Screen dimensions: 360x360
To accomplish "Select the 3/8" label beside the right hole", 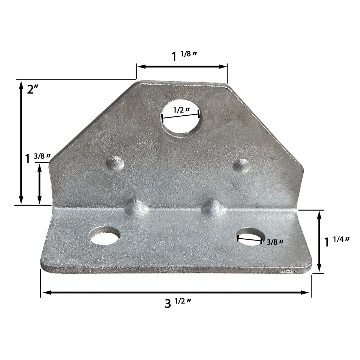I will (275, 242).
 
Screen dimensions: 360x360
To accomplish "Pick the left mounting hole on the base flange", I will (104, 236).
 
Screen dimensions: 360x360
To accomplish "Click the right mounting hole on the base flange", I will (250, 236).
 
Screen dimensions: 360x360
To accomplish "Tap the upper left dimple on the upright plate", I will (115, 163).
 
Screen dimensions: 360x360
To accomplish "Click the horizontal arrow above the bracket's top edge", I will (182, 66).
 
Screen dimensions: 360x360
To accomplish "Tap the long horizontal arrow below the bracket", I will (176, 292).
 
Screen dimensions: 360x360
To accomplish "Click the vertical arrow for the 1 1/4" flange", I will (319, 241).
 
